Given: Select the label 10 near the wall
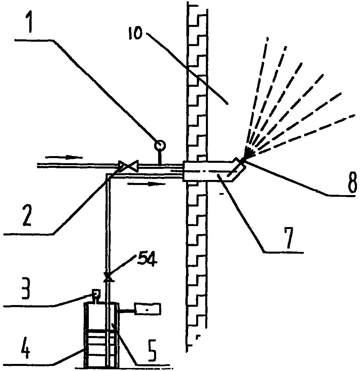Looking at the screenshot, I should click(x=136, y=34).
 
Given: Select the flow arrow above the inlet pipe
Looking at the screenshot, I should click(x=64, y=157).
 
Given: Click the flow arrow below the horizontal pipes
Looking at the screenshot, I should click(x=146, y=184).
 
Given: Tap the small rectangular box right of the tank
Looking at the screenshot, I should click(x=147, y=309).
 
